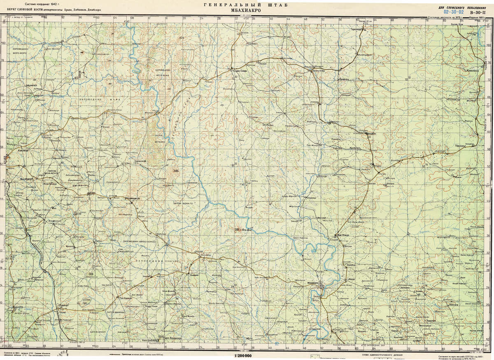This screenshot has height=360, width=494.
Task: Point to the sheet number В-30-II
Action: click(482, 12)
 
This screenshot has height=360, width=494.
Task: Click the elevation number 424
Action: click(181, 38)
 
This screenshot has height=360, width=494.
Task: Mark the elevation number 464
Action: click(177, 171)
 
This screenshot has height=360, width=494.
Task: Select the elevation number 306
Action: click(90, 274)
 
